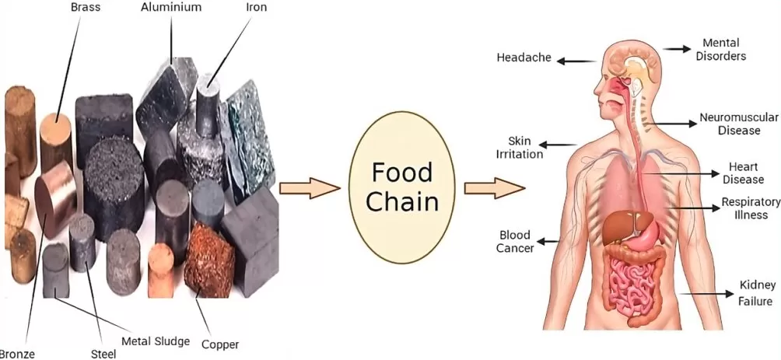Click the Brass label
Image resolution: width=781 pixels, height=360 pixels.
(x=85, y=7)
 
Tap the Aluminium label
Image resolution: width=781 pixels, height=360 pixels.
(x=171, y=7)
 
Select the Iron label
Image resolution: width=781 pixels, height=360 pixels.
(x=257, y=7)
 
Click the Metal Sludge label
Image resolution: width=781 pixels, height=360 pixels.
(x=156, y=341)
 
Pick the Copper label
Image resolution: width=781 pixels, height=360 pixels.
(x=220, y=344)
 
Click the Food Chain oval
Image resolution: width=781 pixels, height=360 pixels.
(x=402, y=187)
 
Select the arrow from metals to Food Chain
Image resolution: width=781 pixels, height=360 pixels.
(x=310, y=187)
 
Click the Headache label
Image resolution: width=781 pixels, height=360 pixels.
(x=524, y=58)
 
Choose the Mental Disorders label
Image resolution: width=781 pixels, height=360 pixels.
(x=720, y=50)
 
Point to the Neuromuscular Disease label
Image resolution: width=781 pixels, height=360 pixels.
(x=738, y=124)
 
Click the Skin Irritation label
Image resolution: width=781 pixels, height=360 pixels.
(x=519, y=147)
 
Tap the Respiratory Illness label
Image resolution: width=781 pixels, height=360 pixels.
(x=750, y=208)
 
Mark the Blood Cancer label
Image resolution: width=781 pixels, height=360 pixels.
(x=516, y=241)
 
